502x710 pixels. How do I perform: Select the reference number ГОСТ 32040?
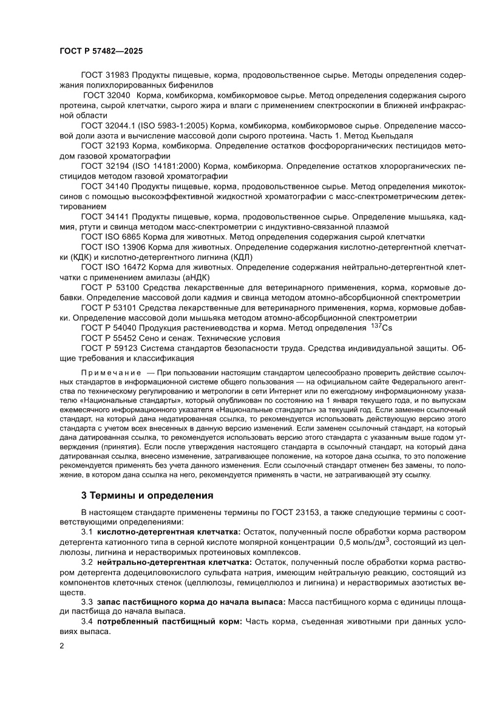click(107, 96)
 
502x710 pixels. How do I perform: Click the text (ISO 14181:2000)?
click(168, 166)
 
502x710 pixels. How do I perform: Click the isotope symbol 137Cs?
click(381, 327)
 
